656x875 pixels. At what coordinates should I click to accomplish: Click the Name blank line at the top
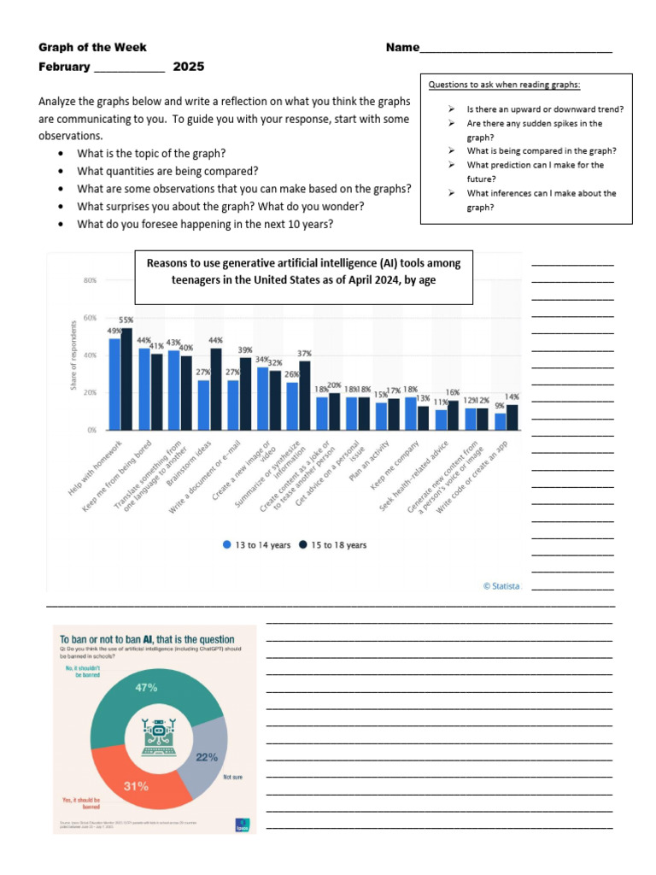tap(516, 49)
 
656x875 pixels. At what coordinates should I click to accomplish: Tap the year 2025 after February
tap(189, 67)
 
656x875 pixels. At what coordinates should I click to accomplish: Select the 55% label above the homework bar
tap(126, 320)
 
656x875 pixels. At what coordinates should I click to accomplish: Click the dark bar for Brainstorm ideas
tap(215, 389)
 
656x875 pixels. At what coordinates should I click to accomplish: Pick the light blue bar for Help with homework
tap(114, 385)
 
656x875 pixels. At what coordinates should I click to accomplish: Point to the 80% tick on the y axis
tap(89, 280)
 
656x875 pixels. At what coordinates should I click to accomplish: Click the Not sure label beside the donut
tap(233, 778)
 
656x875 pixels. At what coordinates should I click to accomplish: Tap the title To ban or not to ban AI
tap(144, 638)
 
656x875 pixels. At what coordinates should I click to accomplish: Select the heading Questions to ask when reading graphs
tap(505, 85)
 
